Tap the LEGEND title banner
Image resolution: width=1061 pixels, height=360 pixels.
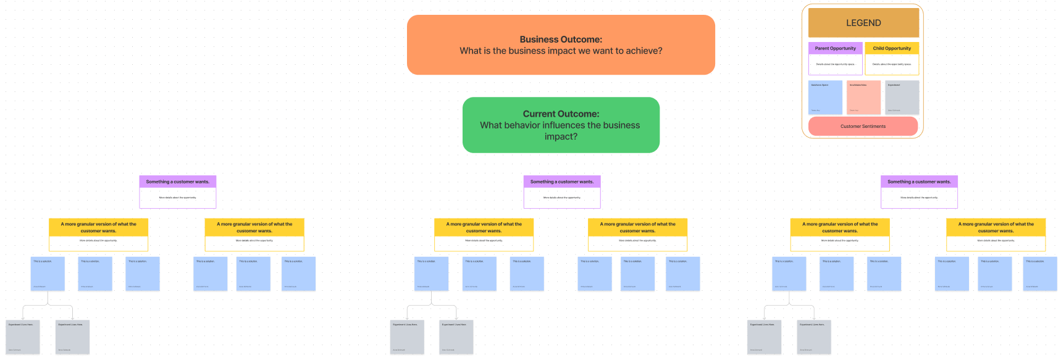pyautogui.click(x=863, y=23)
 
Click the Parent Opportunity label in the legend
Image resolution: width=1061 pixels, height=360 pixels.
pyautogui.click(x=835, y=48)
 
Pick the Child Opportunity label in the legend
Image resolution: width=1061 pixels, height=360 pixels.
pyautogui.click(x=891, y=48)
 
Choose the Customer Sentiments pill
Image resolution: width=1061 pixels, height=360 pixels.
pyautogui.click(x=863, y=126)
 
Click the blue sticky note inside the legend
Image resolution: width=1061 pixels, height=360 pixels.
pyautogui.click(x=825, y=98)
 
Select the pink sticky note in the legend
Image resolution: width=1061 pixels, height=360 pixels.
pyautogui.click(x=863, y=98)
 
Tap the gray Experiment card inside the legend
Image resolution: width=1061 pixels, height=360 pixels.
pyautogui.click(x=902, y=98)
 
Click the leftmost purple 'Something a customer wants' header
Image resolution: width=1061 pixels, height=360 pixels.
pyautogui.click(x=177, y=182)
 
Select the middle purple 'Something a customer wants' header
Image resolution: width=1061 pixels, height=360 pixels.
pyautogui.click(x=561, y=182)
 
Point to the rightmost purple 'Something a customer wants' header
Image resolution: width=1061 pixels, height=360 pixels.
pyautogui.click(x=918, y=182)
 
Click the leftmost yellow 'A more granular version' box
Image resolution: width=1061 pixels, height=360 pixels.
pyautogui.click(x=98, y=227)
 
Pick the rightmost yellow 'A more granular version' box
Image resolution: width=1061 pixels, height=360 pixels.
pyautogui.click(x=995, y=227)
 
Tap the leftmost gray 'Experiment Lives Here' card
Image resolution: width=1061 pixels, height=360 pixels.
pyautogui.click(x=23, y=337)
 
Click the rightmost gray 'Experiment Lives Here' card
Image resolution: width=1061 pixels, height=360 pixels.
pyautogui.click(x=813, y=337)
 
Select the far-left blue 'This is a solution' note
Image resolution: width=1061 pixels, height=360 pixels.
pyautogui.click(x=48, y=274)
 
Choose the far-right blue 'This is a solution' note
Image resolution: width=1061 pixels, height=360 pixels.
pyautogui.click(x=1039, y=274)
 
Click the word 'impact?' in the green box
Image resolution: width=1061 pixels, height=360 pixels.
pyautogui.click(x=561, y=136)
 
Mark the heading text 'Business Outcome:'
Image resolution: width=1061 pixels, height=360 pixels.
pyautogui.click(x=560, y=40)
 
